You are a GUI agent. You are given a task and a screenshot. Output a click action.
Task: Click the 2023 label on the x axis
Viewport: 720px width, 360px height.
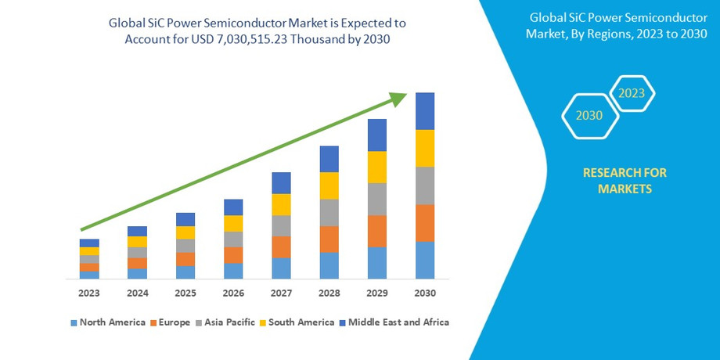click(x=89, y=293)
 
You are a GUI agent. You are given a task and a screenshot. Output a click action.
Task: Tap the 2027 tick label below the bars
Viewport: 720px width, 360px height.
click(x=281, y=293)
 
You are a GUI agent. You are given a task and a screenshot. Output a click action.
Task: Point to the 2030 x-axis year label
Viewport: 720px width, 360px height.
click(x=425, y=293)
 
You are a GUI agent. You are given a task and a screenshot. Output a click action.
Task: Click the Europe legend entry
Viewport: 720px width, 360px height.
click(x=173, y=322)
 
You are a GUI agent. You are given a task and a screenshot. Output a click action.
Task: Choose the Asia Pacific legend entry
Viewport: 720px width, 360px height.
click(x=231, y=322)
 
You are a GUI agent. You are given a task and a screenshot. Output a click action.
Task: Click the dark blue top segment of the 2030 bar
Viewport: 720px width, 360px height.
click(x=425, y=111)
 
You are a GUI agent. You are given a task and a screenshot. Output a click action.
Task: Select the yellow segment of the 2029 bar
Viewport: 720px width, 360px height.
click(x=377, y=167)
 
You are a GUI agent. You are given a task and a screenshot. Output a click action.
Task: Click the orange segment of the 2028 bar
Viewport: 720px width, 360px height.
click(x=329, y=239)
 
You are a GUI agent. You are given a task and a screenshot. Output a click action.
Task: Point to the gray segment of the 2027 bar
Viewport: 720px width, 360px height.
click(x=281, y=225)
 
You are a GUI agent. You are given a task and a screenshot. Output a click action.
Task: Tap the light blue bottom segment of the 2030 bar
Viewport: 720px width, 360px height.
click(x=425, y=260)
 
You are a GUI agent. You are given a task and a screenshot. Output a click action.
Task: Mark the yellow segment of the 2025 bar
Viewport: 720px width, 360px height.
click(x=185, y=232)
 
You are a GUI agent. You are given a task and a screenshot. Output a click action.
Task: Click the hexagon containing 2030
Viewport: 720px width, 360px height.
click(x=589, y=115)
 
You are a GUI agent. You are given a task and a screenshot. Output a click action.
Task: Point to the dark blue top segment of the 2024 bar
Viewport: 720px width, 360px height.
click(x=138, y=231)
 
